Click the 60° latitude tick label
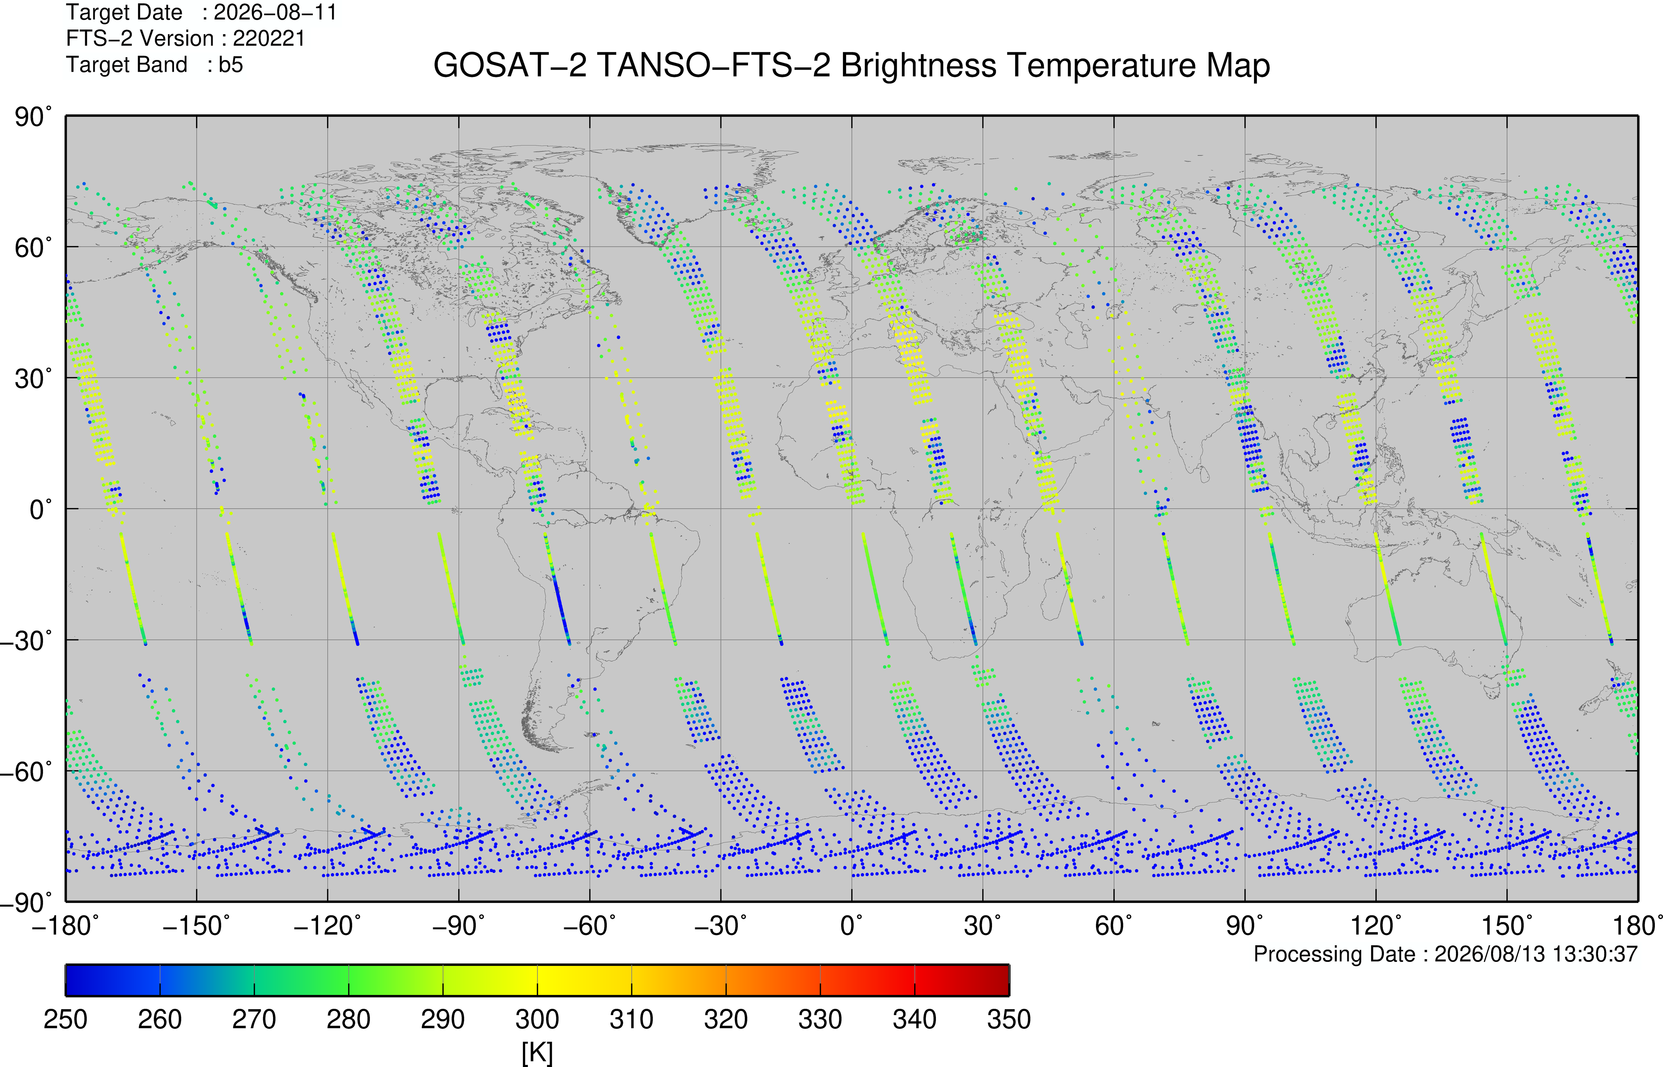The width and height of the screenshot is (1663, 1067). tap(33, 247)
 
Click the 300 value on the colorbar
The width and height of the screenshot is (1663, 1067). tap(537, 1019)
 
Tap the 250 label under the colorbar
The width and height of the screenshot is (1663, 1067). tap(66, 1019)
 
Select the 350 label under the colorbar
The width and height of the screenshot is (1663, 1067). tap(1009, 1019)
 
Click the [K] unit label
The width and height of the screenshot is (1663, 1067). tap(537, 1052)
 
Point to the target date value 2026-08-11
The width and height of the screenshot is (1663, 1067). tap(275, 12)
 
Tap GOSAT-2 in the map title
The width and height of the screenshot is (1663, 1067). tap(510, 66)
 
